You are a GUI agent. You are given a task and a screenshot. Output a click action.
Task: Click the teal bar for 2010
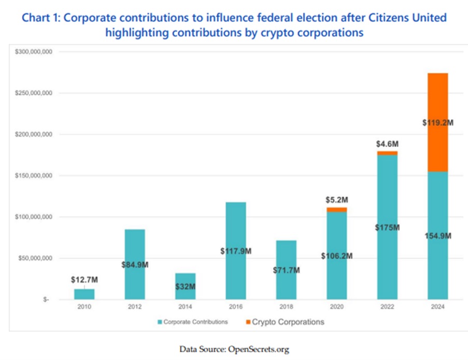84,294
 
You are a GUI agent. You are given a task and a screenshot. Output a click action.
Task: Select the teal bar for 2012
135,265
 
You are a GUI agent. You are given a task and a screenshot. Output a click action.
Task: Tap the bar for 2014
185,286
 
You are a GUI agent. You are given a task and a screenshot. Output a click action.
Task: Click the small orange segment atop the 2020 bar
337,210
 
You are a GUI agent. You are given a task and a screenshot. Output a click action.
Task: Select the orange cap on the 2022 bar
387,153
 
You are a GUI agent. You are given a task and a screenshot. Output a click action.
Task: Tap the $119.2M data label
437,123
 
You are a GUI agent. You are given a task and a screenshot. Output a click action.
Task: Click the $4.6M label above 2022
387,143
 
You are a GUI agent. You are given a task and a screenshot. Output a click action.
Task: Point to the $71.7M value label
286,270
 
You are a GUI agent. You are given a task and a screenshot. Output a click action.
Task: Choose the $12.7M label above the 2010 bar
84,280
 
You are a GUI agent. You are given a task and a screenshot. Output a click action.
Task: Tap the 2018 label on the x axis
286,307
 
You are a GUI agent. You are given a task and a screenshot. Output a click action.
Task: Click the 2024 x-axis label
437,307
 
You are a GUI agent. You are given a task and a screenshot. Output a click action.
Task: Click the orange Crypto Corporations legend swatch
247,322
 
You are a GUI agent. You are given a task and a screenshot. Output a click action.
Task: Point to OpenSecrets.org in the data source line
257,349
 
